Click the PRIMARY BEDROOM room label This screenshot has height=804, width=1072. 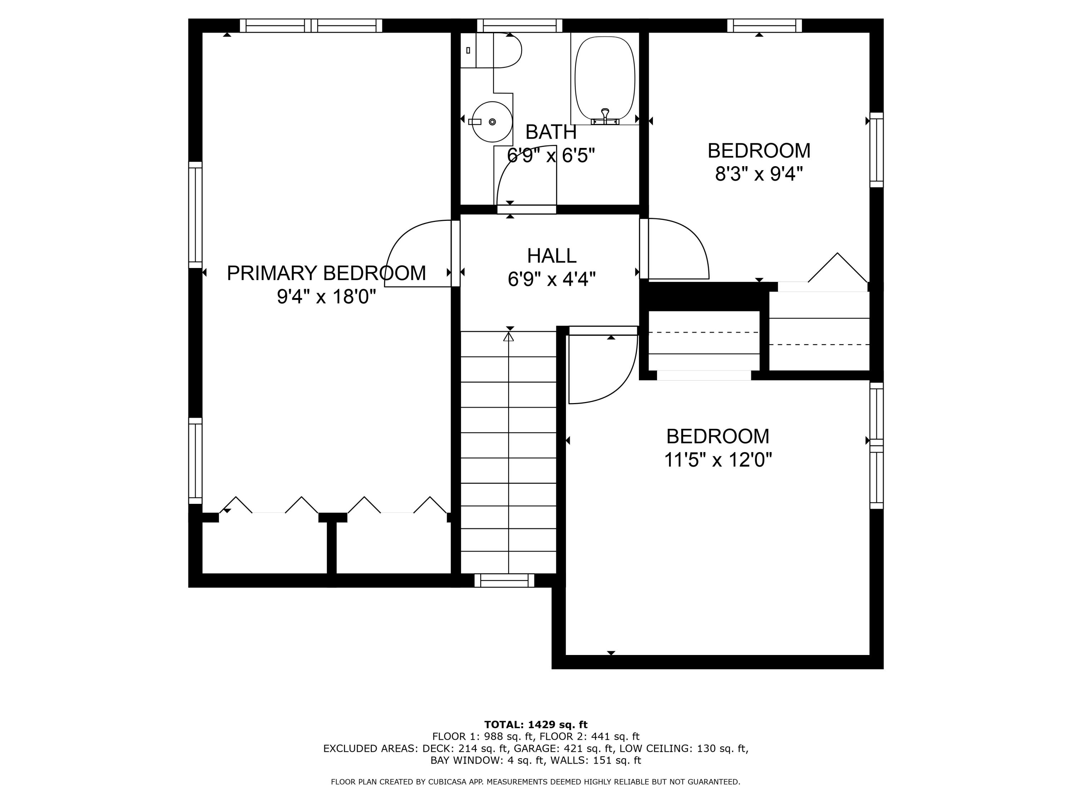(326, 273)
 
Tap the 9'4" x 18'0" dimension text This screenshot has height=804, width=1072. (326, 297)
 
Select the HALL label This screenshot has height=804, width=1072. (551, 256)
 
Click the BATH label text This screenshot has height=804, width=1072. (551, 132)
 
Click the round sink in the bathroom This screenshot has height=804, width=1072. (492, 121)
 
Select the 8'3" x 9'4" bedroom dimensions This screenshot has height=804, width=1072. (759, 174)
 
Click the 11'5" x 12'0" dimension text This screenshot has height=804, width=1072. (717, 460)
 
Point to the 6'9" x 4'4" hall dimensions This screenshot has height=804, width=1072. (551, 279)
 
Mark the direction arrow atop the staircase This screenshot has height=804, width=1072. (508, 336)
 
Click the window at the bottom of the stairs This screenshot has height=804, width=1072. (504, 580)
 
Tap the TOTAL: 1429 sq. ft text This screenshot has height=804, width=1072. (536, 725)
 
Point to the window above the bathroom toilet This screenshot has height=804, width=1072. (520, 25)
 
